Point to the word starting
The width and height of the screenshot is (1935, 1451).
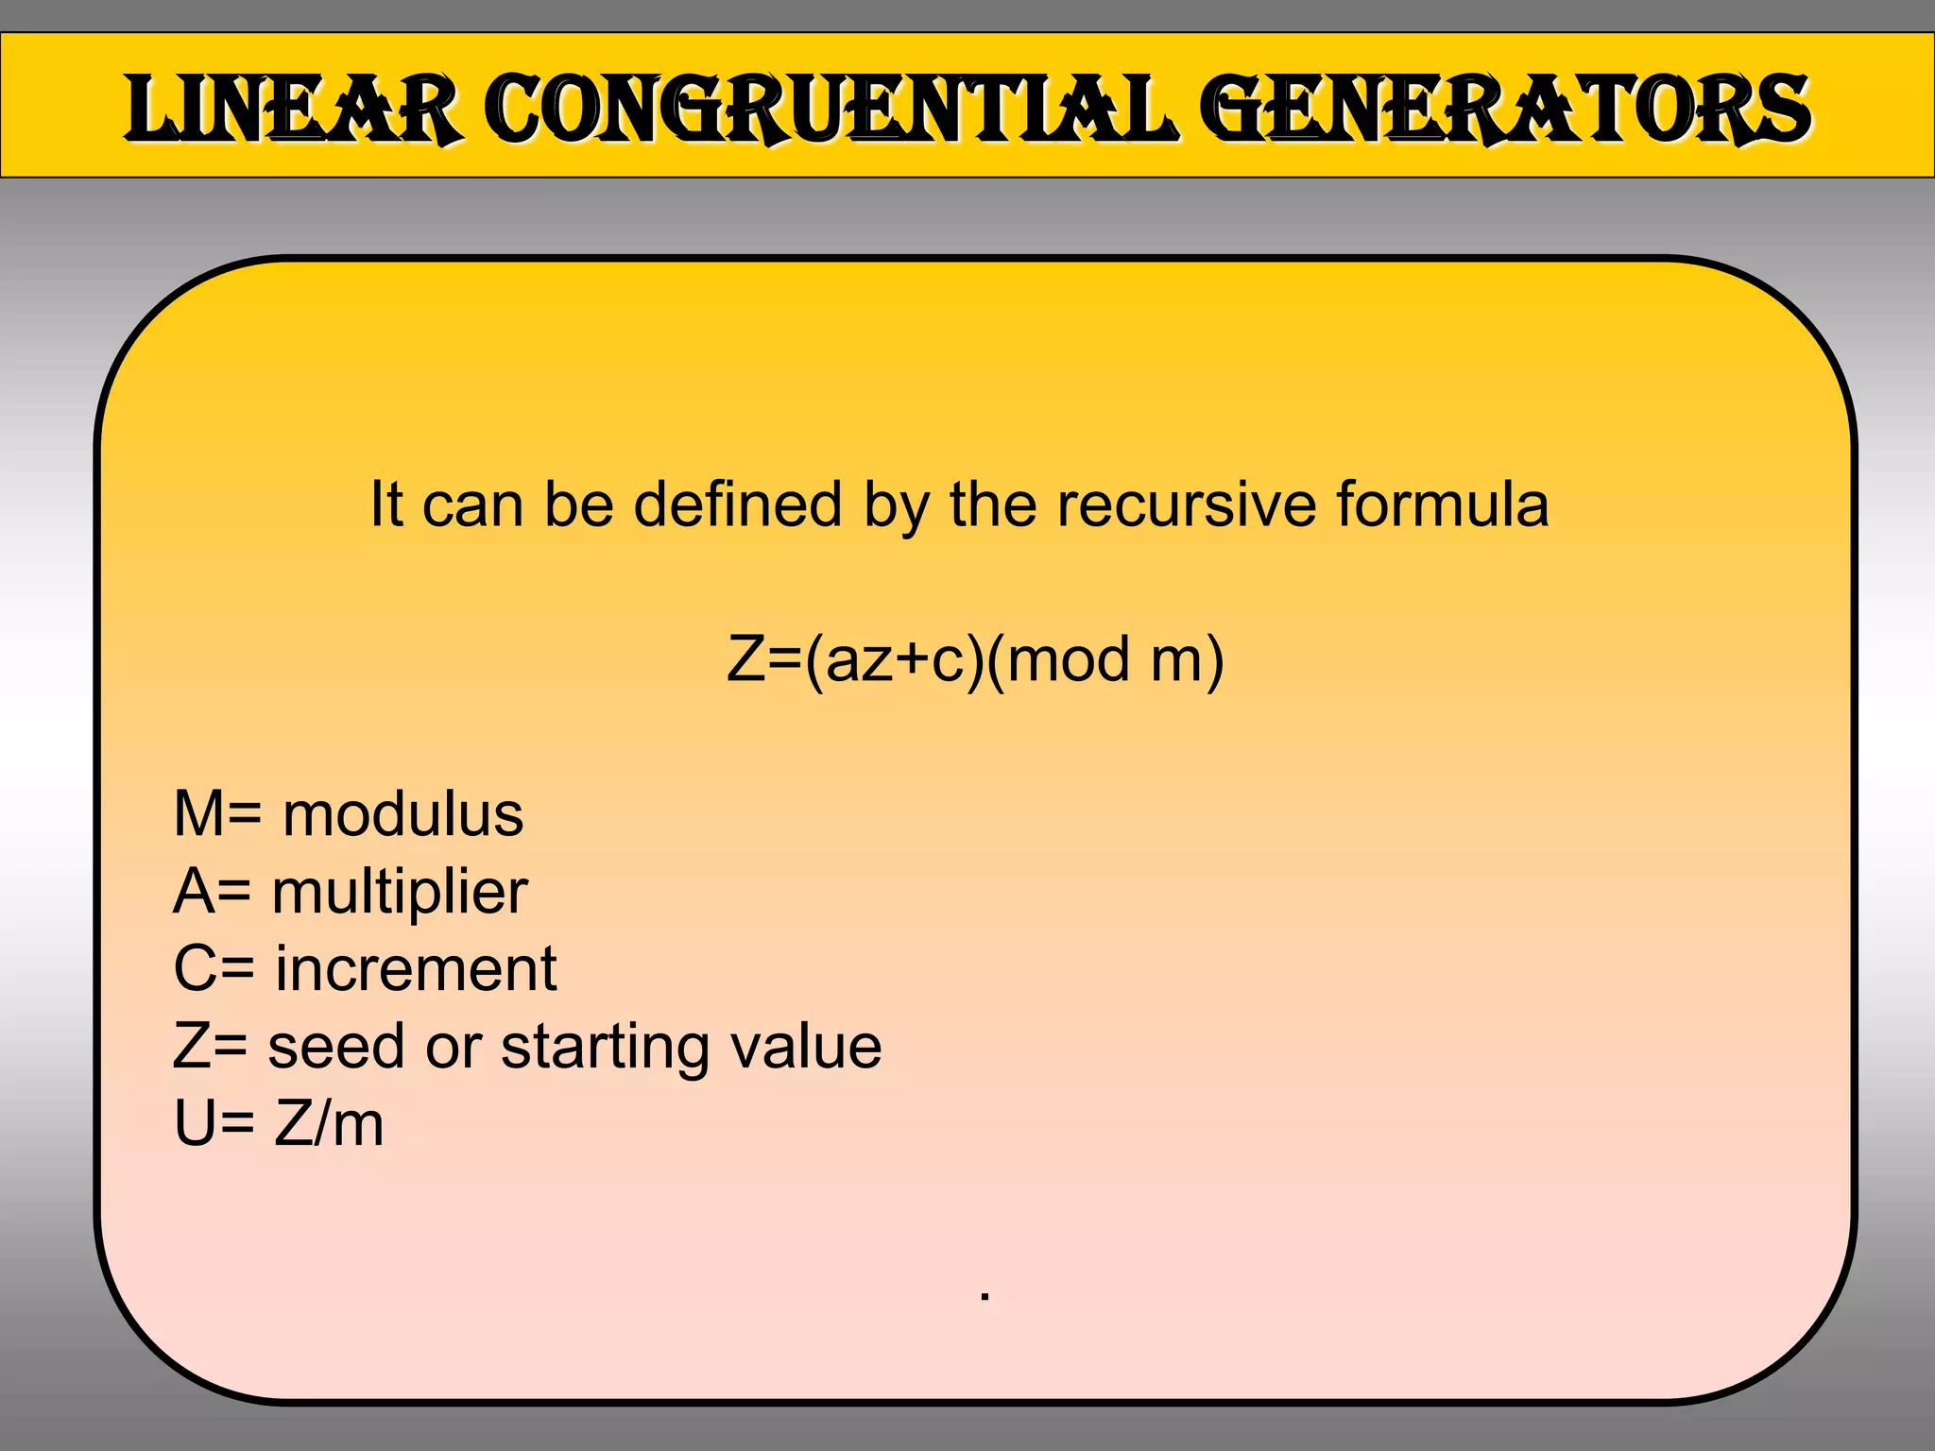(x=592, y=1049)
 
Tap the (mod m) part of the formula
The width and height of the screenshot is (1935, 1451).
(x=1104, y=659)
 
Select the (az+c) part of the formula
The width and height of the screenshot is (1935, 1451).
(x=894, y=659)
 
